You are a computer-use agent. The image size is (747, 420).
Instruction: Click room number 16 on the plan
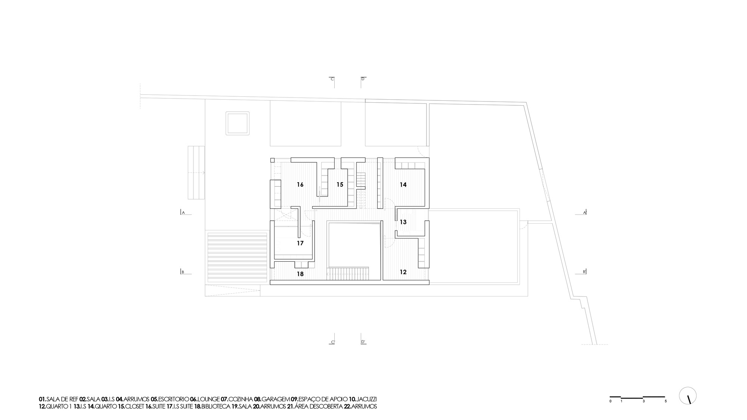point(300,184)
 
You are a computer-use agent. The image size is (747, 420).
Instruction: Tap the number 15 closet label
point(340,184)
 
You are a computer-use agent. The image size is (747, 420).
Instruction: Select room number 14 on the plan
point(403,184)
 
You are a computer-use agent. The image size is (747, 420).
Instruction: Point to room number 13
point(403,222)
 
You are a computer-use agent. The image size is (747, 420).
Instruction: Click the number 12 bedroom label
point(403,272)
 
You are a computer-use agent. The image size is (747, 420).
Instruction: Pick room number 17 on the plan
point(300,243)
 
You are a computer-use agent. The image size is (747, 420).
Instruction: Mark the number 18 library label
point(300,274)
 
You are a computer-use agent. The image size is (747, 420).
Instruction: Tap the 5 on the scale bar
point(665,401)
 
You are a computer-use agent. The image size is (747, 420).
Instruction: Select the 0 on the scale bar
point(610,401)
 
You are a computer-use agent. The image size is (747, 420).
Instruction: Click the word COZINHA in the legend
point(241,399)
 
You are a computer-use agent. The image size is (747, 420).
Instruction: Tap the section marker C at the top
point(332,79)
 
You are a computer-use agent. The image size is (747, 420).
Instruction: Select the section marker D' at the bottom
point(363,342)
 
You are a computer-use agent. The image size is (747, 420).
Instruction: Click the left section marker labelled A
point(183,212)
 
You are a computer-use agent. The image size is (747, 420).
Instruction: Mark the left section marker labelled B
point(183,272)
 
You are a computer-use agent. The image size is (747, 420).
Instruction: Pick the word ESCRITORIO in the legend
point(173,399)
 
